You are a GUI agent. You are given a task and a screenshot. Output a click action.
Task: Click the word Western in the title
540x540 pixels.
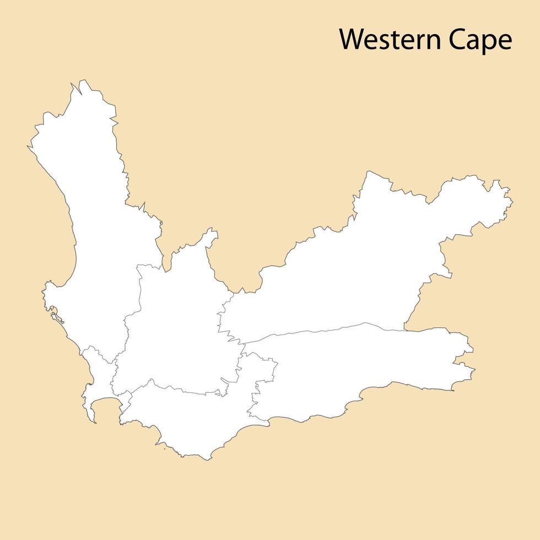[x=391, y=40]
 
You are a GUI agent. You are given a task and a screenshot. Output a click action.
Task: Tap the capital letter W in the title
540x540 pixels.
[x=350, y=40]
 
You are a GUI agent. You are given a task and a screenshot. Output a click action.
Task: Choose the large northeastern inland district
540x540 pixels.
[x=358, y=264]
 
